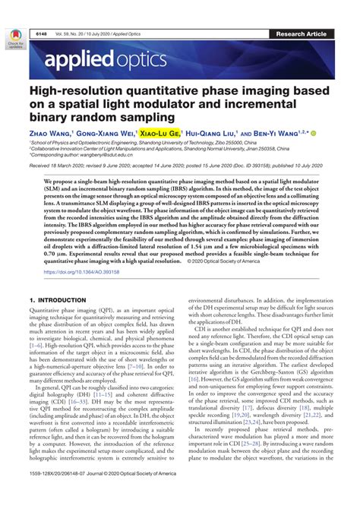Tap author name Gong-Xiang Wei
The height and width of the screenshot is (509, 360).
coord(108,131)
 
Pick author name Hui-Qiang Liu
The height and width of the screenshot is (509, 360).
coord(219,131)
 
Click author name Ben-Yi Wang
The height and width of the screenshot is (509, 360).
coord(286,131)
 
